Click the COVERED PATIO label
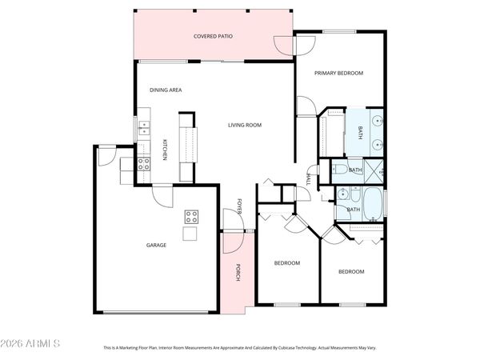coord(213,37)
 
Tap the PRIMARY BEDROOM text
coord(338,73)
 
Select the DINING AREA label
coord(166,90)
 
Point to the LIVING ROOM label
coord(245,125)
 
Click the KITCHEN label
coord(165,150)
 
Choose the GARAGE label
coord(156,245)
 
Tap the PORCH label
coord(238,273)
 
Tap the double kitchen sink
coord(145,126)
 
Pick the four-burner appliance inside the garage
coord(192,215)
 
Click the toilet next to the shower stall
coord(338,169)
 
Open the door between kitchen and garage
coord(161,196)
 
